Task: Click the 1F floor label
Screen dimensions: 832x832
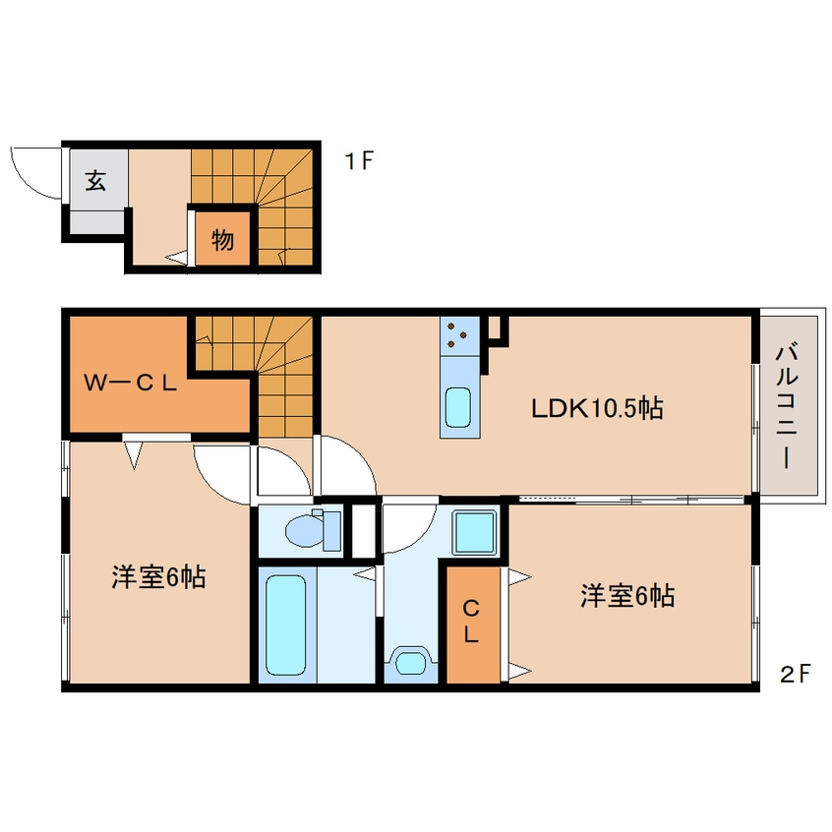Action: (x=359, y=160)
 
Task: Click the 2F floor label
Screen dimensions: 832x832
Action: (x=796, y=674)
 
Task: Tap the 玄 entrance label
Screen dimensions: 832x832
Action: (x=96, y=181)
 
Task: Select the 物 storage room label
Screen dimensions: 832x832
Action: (x=222, y=240)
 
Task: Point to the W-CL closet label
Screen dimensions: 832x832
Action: (x=131, y=383)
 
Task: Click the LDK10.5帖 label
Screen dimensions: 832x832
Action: (x=597, y=408)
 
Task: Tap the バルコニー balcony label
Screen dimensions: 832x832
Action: (x=787, y=407)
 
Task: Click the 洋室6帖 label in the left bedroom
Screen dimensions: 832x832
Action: (x=158, y=576)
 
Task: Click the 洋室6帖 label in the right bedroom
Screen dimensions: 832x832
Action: (x=627, y=595)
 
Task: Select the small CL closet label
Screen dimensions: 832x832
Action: (x=471, y=622)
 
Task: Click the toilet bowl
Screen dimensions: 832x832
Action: (x=305, y=531)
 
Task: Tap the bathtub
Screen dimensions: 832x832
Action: (x=286, y=625)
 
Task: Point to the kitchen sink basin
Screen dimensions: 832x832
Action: (x=458, y=407)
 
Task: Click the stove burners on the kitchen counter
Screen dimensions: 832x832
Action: (x=457, y=335)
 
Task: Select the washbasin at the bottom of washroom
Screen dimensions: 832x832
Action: (x=411, y=663)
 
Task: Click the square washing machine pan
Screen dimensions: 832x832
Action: (x=474, y=532)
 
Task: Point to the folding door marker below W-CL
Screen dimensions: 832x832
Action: (x=135, y=454)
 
